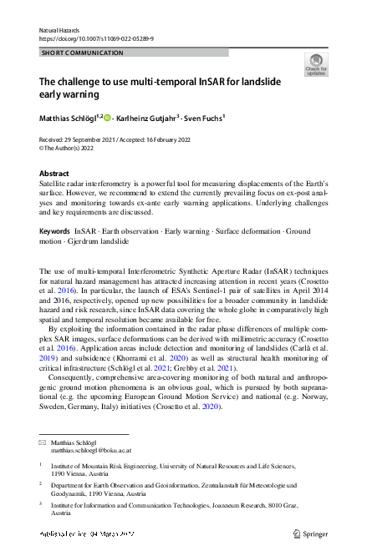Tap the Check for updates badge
point(316,64)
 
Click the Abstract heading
point(55,174)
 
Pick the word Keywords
point(54,230)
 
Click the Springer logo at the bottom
point(308,532)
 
